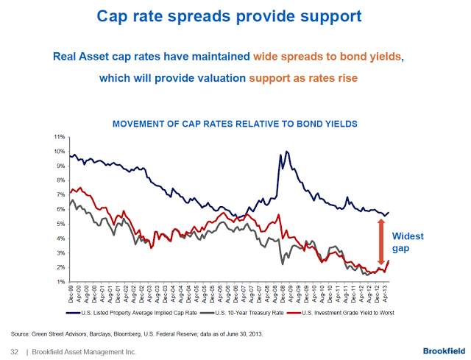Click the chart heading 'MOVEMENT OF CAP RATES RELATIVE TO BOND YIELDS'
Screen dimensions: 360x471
(x=235, y=124)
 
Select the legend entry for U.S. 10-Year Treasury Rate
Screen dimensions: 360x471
(x=245, y=313)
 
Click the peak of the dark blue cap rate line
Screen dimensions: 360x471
(x=286, y=152)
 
